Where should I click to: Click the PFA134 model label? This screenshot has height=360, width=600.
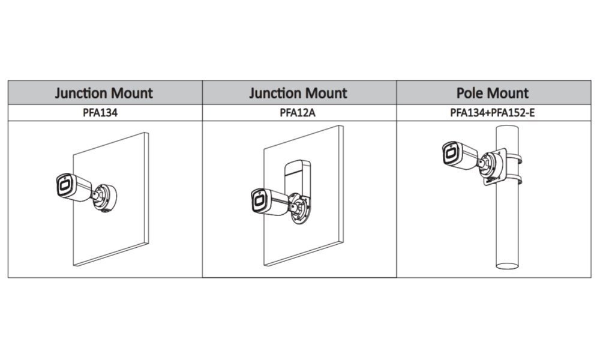[100, 112]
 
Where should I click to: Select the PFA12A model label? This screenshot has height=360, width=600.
[298, 112]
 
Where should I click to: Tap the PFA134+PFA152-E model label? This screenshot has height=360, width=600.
[493, 112]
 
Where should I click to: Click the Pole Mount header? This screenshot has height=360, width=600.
[493, 93]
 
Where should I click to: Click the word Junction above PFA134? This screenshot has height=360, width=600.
[81, 93]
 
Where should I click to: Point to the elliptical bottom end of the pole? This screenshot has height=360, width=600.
[507, 265]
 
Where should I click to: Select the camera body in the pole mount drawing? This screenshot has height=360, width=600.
[461, 154]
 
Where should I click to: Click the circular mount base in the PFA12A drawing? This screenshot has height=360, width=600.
[299, 208]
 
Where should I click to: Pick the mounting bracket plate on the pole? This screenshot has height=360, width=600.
[494, 167]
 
